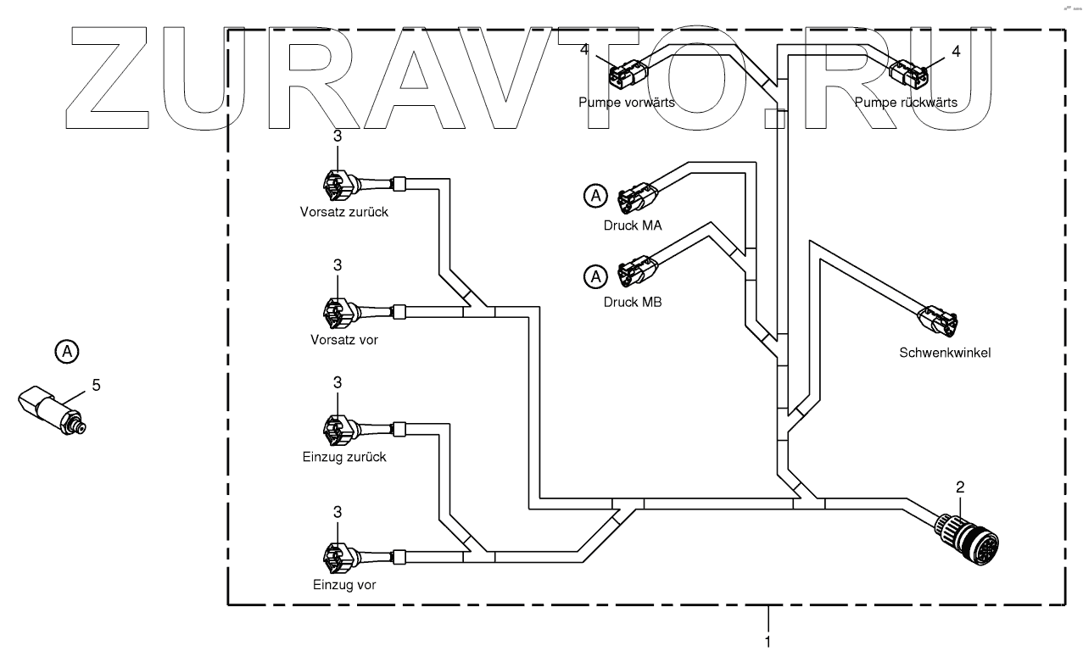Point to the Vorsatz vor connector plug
tap(337, 313)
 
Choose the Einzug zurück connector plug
tap(337, 430)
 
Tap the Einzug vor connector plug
tap(337, 557)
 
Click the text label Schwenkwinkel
tap(945, 353)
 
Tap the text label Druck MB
tap(633, 301)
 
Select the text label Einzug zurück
tap(344, 457)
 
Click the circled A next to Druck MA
tap(596, 197)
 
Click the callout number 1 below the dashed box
tap(768, 642)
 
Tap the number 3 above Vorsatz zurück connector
tap(338, 136)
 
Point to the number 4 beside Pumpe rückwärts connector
tap(956, 51)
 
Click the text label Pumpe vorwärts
tap(627, 103)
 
